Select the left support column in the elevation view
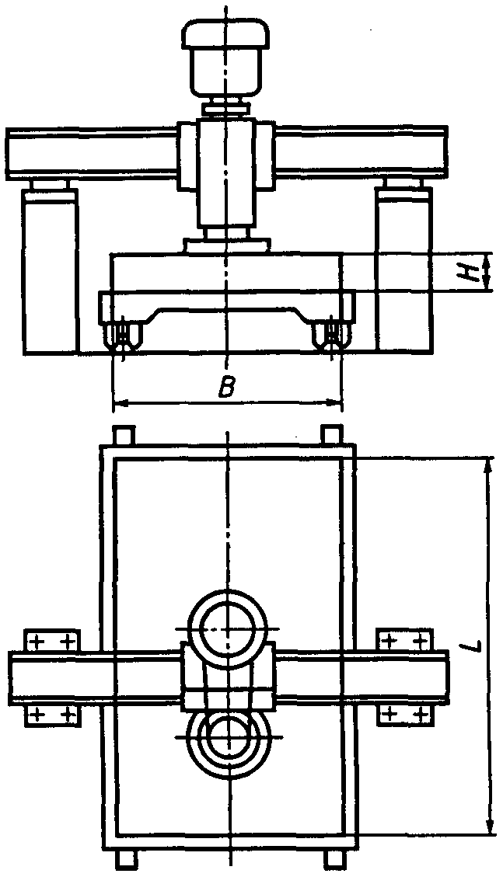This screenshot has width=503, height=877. point(50,272)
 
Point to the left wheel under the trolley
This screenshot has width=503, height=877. point(123,336)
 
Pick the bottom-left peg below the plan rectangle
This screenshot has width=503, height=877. point(125,859)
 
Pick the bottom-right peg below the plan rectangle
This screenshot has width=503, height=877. point(332,859)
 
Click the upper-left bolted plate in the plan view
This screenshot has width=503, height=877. point(53,641)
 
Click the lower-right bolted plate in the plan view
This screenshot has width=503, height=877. point(403,714)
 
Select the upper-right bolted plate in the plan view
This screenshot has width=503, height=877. point(403,641)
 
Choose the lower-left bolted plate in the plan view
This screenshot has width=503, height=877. point(53,714)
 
